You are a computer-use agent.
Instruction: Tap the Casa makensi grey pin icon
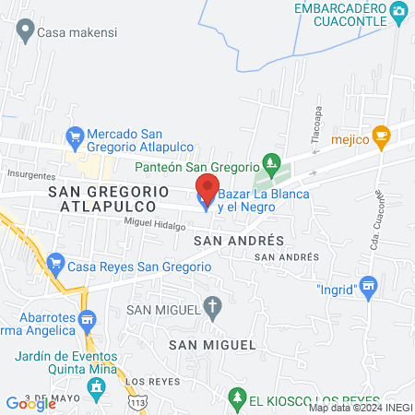click(x=25, y=31)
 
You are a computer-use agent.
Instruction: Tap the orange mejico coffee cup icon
click(x=382, y=137)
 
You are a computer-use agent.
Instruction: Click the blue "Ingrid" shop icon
click(x=369, y=288)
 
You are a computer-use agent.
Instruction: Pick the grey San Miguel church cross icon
click(x=213, y=308)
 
